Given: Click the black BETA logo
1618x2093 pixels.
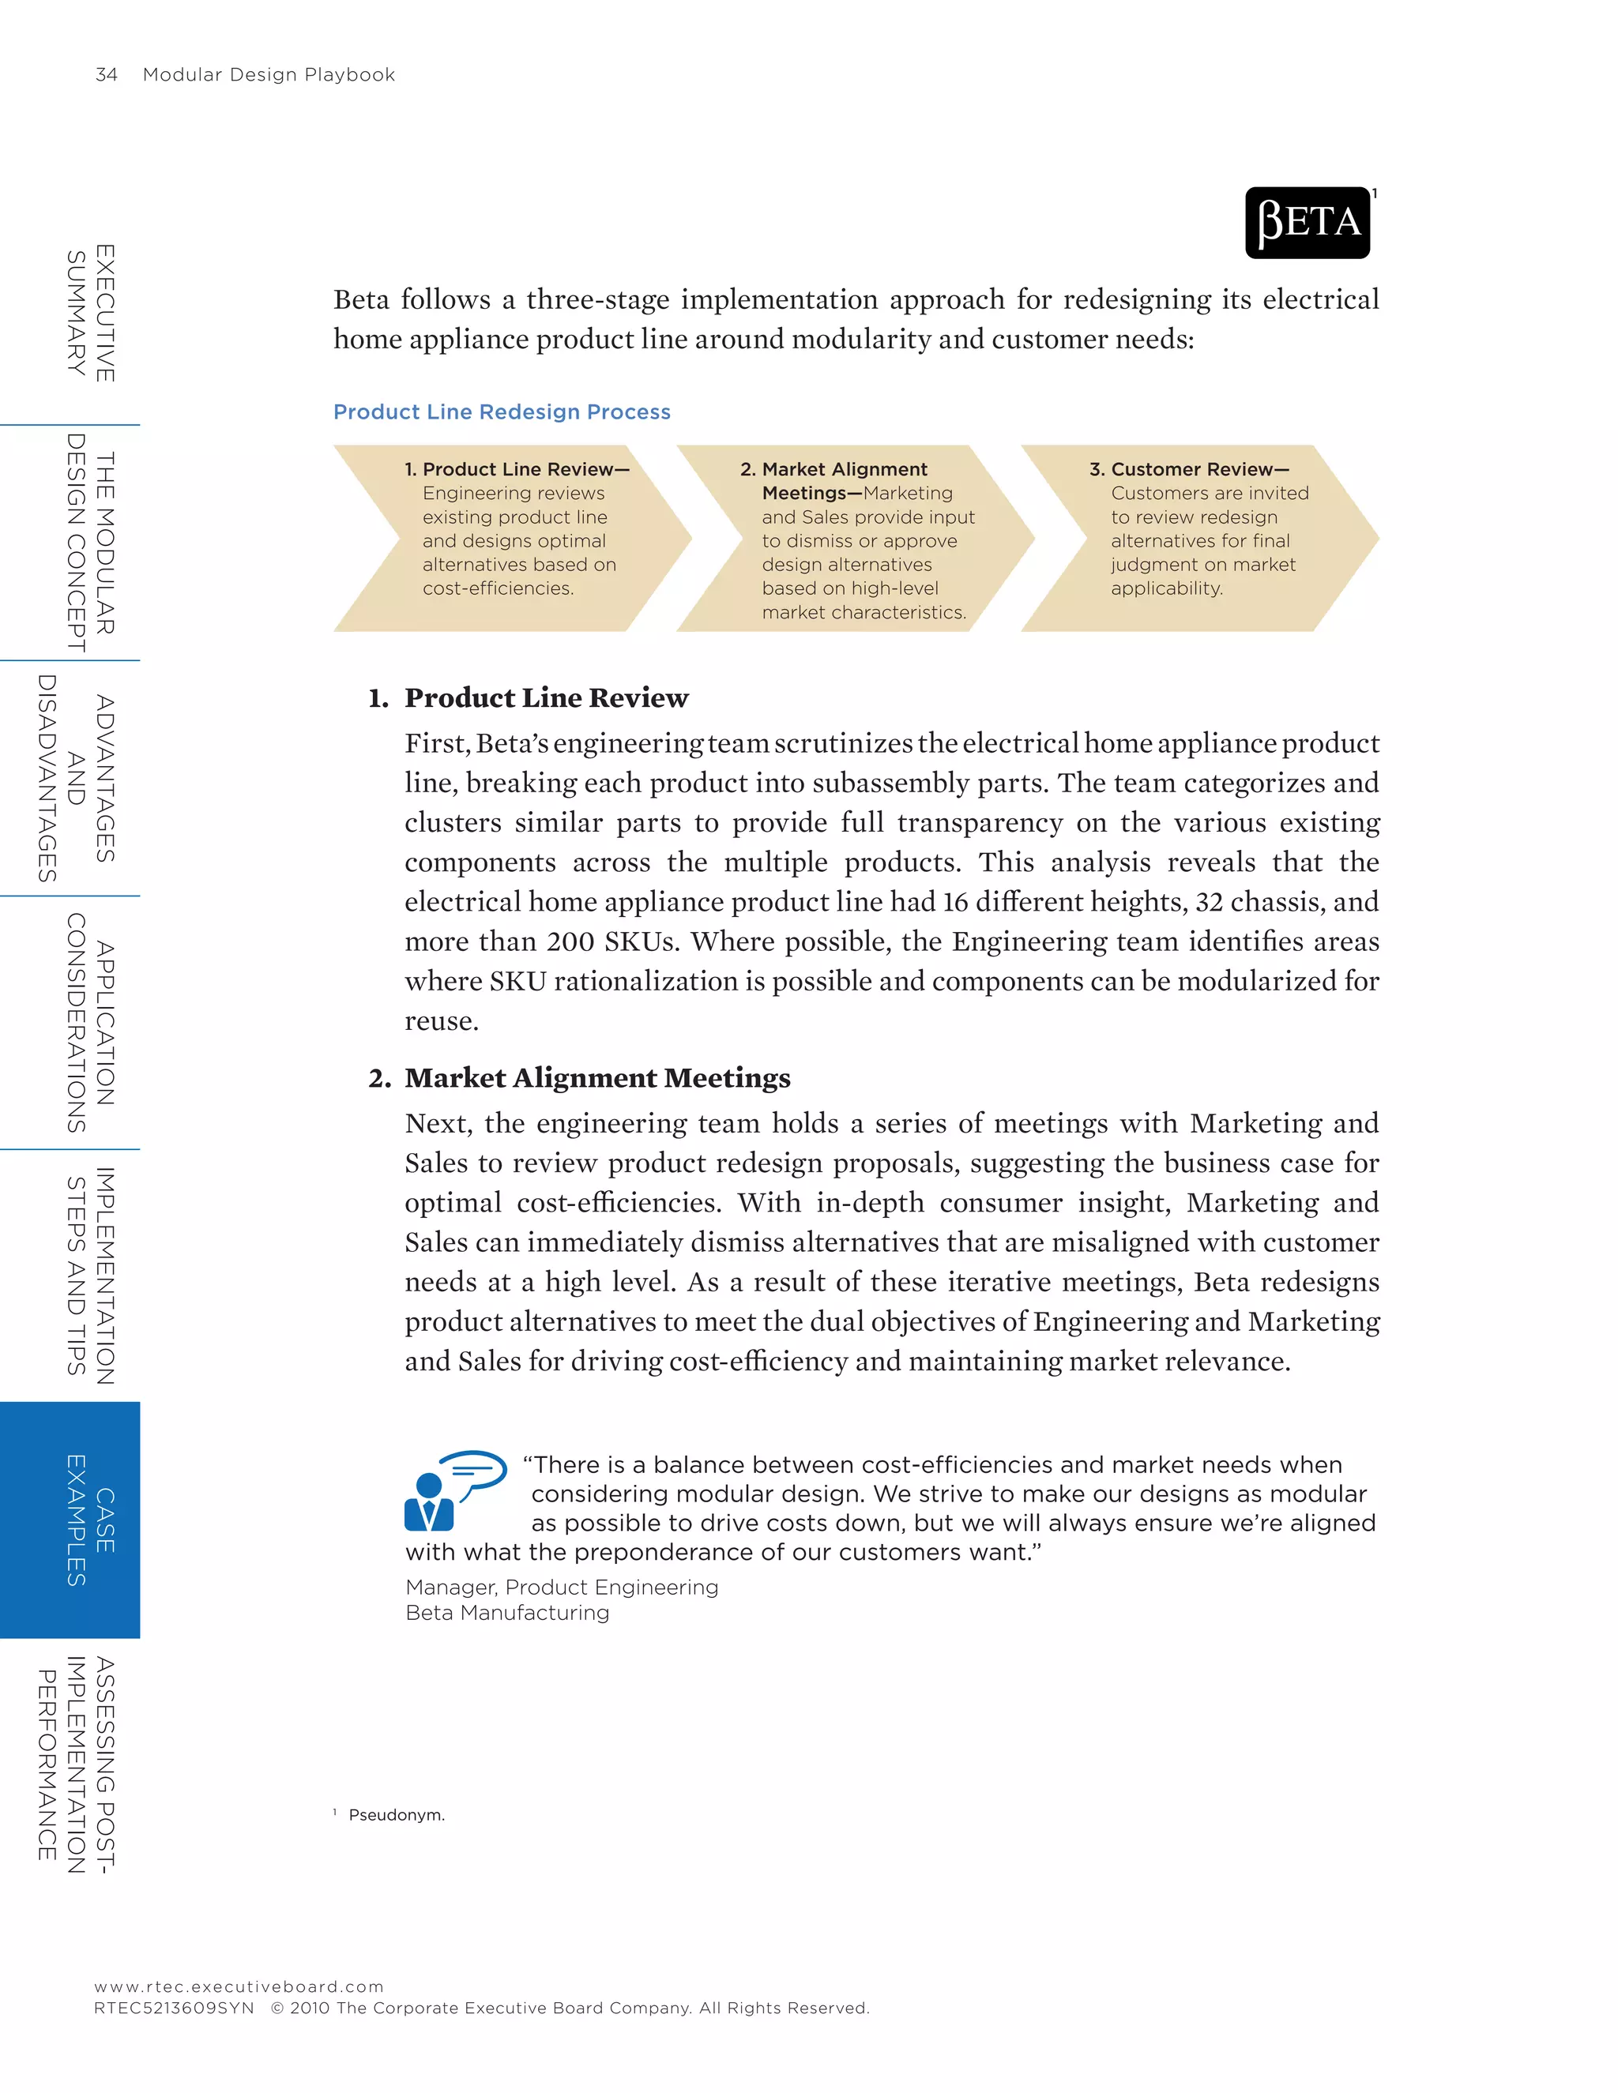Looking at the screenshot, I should click(1307, 223).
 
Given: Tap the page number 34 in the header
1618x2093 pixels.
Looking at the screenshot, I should click(107, 75).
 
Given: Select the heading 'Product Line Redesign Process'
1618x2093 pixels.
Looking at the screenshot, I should click(502, 412).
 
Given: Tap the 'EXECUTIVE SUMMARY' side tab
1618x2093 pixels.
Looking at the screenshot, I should click(90, 313).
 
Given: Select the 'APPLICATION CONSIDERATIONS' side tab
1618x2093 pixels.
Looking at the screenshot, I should click(90, 1023).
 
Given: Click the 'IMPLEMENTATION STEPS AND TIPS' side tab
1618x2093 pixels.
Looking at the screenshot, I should click(90, 1276).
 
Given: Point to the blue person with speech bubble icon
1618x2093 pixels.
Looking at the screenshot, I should click(453, 1490).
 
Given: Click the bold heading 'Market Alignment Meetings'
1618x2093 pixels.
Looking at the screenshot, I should click(597, 1078).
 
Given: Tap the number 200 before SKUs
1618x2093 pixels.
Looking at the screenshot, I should click(570, 942).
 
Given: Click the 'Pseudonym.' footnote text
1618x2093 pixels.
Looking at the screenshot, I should click(397, 1815).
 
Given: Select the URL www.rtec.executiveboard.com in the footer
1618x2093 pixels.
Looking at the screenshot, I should click(239, 1986).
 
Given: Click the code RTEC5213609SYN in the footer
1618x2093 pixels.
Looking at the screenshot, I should click(175, 2008).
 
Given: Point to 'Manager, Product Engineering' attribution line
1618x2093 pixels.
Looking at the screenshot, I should click(562, 1587).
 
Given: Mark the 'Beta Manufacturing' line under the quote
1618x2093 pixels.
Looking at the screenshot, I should click(507, 1613).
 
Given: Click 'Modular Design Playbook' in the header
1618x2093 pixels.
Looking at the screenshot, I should click(269, 75).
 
